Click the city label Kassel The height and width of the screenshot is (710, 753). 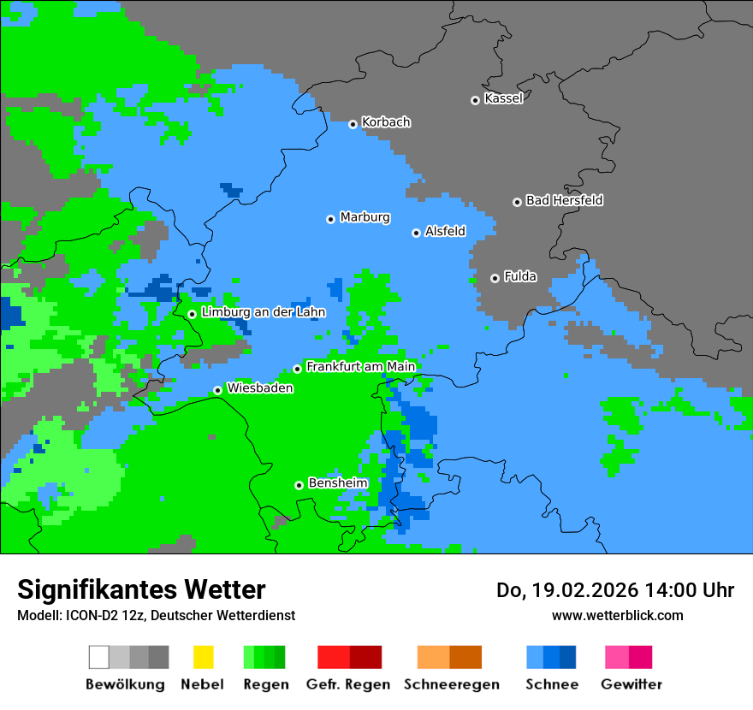click(503, 98)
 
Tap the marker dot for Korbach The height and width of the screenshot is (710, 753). click(353, 124)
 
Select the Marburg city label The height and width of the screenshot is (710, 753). click(365, 217)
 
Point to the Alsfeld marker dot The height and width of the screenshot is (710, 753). click(416, 233)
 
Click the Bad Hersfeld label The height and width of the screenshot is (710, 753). click(564, 200)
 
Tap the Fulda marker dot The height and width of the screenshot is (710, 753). click(495, 278)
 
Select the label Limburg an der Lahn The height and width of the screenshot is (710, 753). click(263, 312)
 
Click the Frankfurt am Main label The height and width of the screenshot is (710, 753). click(360, 367)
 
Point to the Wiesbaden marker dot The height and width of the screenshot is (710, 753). click(217, 390)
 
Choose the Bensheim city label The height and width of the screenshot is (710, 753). click(337, 483)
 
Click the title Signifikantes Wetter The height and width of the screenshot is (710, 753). click(141, 589)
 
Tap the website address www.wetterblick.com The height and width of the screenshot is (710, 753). click(617, 615)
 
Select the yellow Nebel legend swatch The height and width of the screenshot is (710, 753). click(203, 657)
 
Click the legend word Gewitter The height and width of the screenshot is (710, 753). click(631, 684)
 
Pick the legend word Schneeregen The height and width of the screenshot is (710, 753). click(451, 684)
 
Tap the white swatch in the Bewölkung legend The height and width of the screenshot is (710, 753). click(99, 657)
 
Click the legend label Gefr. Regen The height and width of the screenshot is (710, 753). click(347, 684)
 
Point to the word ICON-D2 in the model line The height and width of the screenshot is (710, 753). click(89, 615)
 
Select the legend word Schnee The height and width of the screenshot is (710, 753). click(551, 684)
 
